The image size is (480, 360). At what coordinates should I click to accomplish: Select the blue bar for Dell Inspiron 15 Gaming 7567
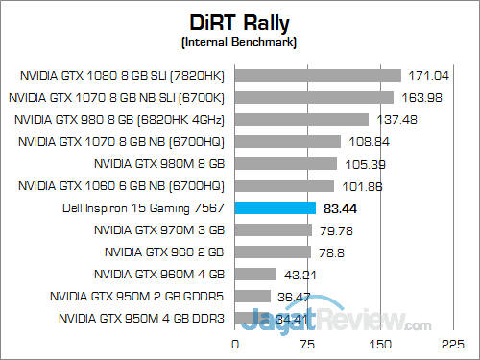275,207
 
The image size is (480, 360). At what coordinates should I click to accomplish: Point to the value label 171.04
428,75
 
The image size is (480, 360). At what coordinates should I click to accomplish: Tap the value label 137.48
396,119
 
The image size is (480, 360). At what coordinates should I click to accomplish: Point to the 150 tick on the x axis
381,344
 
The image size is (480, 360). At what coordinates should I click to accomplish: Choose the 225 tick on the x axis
452,344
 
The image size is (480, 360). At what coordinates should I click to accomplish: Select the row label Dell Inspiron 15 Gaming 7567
141,207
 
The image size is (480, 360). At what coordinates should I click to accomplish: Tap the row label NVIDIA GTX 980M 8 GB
159,163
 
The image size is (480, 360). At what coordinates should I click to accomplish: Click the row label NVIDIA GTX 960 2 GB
159,252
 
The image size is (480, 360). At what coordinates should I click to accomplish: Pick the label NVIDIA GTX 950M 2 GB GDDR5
136,296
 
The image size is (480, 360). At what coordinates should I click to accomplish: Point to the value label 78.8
332,252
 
